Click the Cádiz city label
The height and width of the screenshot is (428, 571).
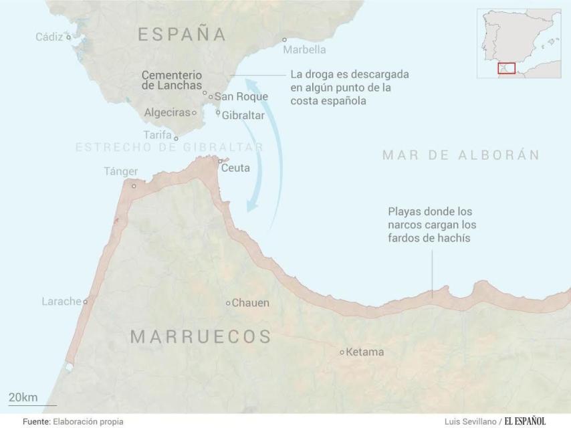click(x=49, y=37)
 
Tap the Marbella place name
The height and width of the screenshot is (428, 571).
click(x=304, y=49)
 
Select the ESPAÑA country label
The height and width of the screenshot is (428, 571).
click(x=182, y=35)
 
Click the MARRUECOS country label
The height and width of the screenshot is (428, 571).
click(x=200, y=336)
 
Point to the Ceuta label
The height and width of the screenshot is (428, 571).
click(x=235, y=168)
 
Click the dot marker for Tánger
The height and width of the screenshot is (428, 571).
click(x=134, y=187)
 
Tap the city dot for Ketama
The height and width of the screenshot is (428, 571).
click(x=342, y=352)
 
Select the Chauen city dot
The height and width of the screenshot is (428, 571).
click(x=228, y=303)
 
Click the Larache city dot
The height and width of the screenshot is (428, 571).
click(x=86, y=302)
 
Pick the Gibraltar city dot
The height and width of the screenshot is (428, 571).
click(x=218, y=112)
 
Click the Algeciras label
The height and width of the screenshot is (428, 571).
click(x=167, y=112)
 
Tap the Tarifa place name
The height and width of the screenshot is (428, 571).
click(x=157, y=134)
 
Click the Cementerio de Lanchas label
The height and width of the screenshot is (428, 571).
click(x=171, y=80)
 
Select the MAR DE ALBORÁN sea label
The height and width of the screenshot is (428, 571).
click(x=461, y=155)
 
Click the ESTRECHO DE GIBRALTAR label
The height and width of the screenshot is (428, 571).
click(x=169, y=147)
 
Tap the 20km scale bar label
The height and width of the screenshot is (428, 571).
click(x=23, y=397)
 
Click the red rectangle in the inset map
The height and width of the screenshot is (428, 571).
click(x=506, y=68)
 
